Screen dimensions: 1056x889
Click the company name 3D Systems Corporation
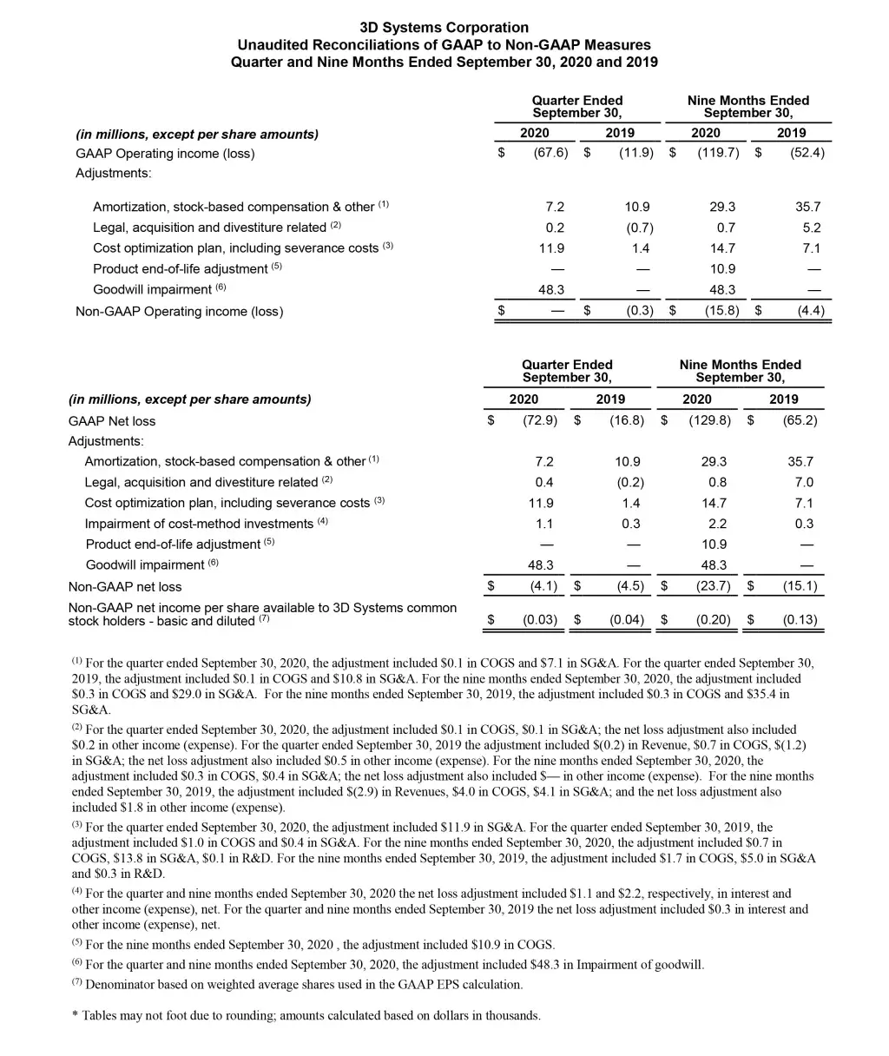[444, 28]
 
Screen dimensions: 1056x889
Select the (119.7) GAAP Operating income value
[718, 154]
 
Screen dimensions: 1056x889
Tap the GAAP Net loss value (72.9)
[541, 421]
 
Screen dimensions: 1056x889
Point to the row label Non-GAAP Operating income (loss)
[180, 311]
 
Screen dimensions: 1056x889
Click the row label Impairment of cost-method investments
[199, 524]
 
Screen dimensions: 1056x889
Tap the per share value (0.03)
[539, 620]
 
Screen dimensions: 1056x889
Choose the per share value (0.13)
[800, 620]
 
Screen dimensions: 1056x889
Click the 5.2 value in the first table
[812, 228]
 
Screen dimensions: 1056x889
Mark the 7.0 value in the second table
[804, 482]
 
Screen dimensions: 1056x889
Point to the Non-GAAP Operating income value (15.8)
[721, 311]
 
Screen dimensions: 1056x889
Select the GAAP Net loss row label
[112, 421]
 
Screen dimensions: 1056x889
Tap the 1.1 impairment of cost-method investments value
[544, 524]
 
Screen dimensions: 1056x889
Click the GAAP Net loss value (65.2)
[800, 421]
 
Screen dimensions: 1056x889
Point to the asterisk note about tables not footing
[306, 1015]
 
